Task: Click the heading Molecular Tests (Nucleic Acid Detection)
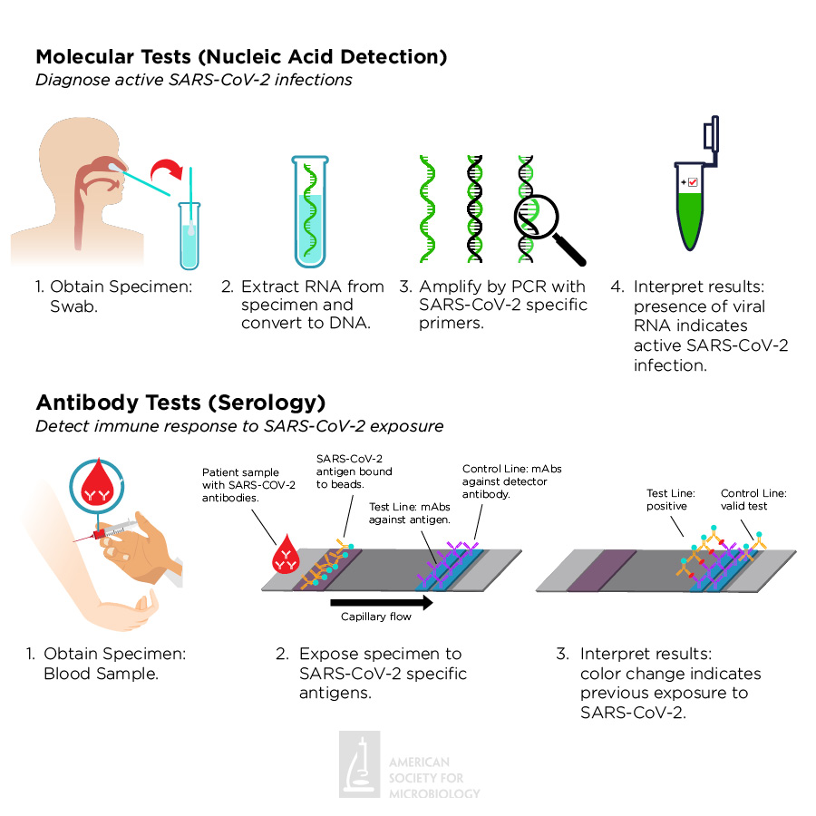(x=241, y=57)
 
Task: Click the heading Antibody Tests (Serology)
(x=180, y=402)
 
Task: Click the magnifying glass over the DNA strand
(x=544, y=222)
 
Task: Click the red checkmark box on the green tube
(x=693, y=182)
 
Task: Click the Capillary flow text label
(x=375, y=617)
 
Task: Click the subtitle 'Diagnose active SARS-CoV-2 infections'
(x=193, y=80)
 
